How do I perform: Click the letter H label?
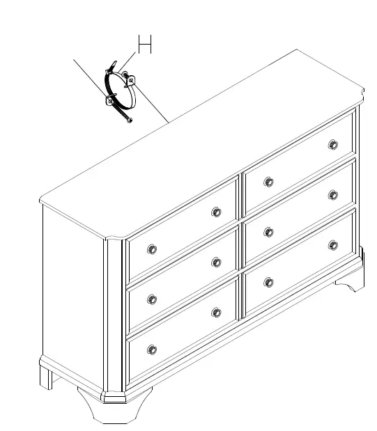(x=144, y=45)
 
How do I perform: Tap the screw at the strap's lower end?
(x=129, y=122)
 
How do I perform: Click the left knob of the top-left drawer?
(x=152, y=249)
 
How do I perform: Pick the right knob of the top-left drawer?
(x=216, y=212)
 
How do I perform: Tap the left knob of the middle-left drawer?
(x=152, y=299)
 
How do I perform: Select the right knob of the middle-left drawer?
(x=216, y=262)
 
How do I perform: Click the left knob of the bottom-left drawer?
(x=152, y=349)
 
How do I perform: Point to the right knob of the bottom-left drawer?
(x=216, y=312)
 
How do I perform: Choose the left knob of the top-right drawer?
(x=269, y=182)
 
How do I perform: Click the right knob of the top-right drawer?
(x=333, y=145)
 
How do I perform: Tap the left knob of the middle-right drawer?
(x=269, y=232)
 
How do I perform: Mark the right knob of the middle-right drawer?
(x=333, y=195)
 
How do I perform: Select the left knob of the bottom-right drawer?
(x=269, y=282)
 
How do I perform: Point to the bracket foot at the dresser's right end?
(x=351, y=280)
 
